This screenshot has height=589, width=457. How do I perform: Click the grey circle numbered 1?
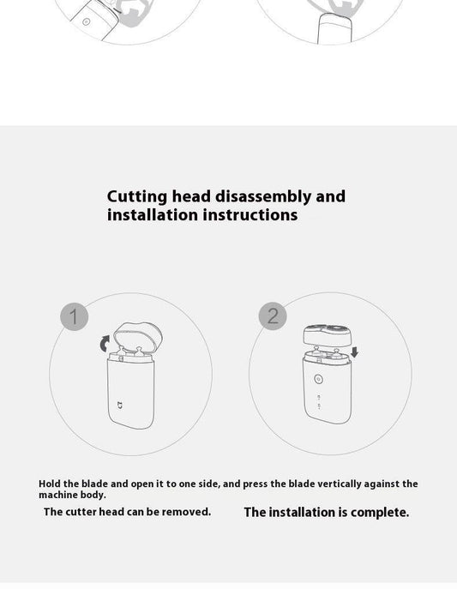pos(74,316)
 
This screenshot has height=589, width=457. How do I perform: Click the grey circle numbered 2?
pos(273,316)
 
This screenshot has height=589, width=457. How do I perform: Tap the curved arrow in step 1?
pos(102,344)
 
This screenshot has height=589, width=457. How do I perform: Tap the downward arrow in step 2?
pos(355,352)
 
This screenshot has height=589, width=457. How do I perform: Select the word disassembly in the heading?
pos(263,196)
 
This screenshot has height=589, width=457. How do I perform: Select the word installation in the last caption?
pos(302,512)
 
